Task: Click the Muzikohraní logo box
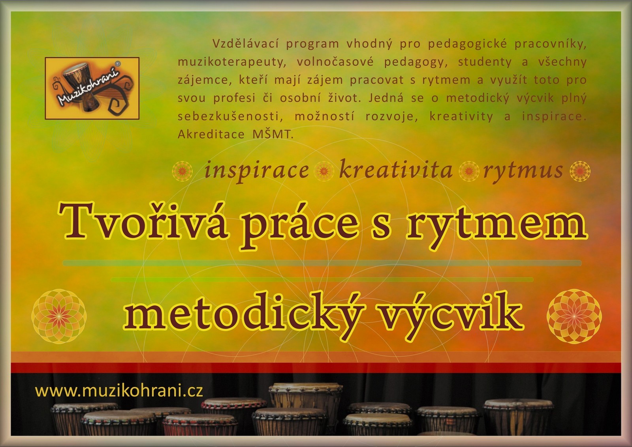[92, 88]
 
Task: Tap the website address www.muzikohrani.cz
[119, 391]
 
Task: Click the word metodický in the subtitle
[243, 315]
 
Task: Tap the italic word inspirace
[256, 171]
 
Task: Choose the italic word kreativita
[395, 170]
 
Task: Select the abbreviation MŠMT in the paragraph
[273, 135]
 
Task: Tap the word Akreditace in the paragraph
[211, 135]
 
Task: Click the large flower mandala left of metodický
[59, 316]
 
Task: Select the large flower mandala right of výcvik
[574, 316]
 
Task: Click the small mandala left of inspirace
[182, 171]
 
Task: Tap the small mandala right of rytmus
[580, 171]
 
